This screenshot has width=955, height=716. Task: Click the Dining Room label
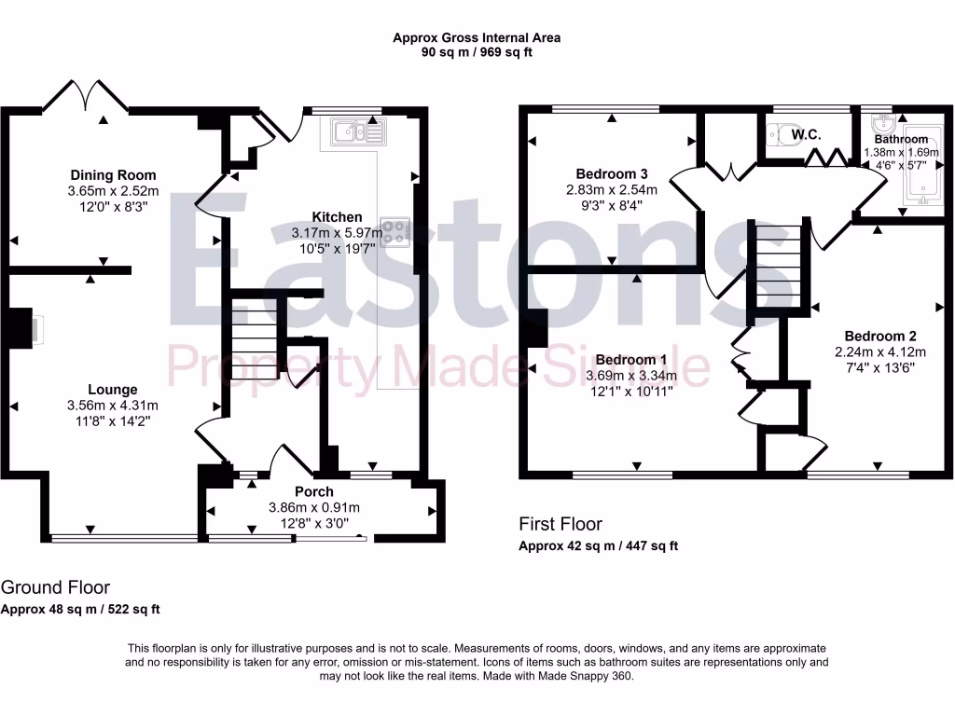point(114,175)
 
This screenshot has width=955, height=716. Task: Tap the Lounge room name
point(113,390)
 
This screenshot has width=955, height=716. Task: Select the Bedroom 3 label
point(611,173)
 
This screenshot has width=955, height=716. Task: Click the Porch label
point(314,491)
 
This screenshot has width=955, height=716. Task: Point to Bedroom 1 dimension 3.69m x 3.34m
point(631,376)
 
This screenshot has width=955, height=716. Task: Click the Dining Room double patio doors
point(87,96)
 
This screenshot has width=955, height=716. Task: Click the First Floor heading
point(561,524)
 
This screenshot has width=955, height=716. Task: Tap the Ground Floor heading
point(55,587)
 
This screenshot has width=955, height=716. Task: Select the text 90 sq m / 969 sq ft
point(477,52)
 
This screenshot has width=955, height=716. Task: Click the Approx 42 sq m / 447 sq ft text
point(598,546)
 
